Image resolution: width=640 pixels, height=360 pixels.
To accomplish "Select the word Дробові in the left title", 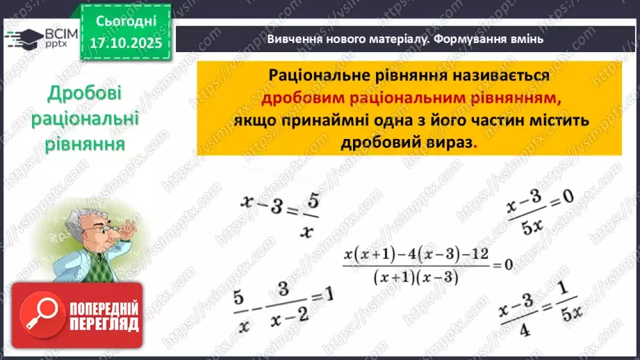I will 85,94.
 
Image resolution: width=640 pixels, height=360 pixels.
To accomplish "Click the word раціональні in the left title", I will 85,119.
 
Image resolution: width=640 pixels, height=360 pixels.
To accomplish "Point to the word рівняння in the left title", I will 85,144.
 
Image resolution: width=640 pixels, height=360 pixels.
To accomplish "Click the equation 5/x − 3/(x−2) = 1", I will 281,305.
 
